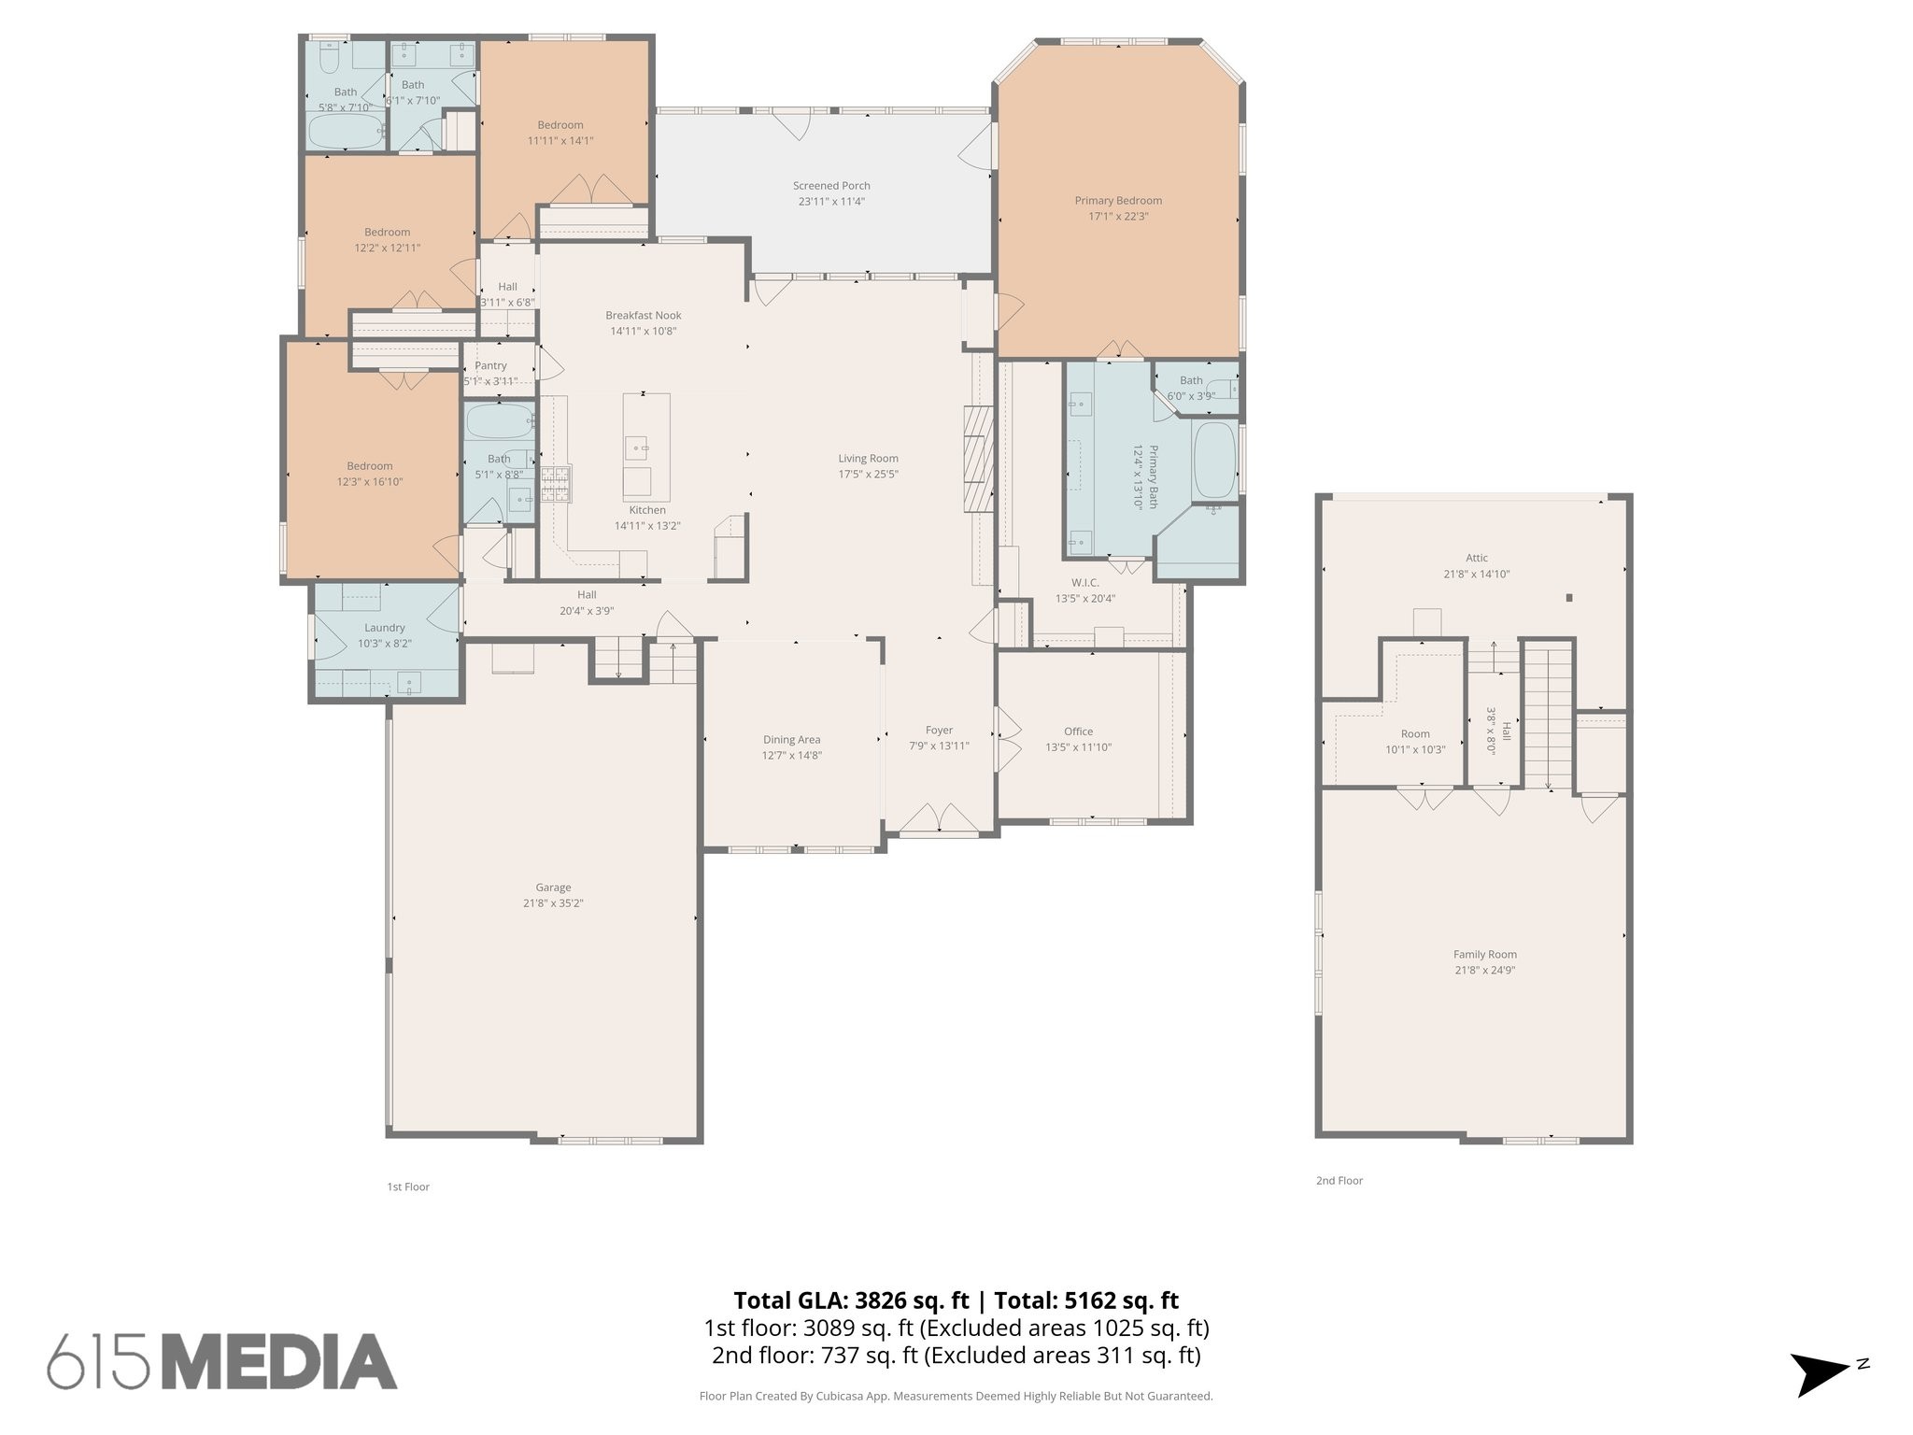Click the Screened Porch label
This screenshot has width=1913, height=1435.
tap(831, 186)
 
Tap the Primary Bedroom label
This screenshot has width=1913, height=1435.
tap(1118, 201)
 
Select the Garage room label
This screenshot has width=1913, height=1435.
tap(553, 888)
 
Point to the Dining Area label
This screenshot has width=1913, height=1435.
tap(791, 740)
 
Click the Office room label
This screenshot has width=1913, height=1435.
tap(1078, 732)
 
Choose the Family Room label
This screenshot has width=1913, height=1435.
tap(1484, 954)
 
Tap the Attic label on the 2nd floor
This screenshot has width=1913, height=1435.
tap(1476, 558)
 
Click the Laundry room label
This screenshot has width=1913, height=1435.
tap(384, 628)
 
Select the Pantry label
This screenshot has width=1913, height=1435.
tap(490, 365)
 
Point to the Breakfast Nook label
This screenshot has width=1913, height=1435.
tap(643, 315)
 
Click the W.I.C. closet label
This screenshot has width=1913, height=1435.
tap(1084, 583)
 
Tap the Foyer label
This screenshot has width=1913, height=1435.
tap(939, 731)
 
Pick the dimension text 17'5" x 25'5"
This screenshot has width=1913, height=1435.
tap(868, 474)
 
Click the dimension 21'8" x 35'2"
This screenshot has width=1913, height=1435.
tap(553, 903)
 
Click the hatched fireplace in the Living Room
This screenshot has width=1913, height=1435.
tap(977, 459)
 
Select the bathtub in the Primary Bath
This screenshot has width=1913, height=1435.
tap(1215, 461)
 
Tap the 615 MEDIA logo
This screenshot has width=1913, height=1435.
tap(222, 1360)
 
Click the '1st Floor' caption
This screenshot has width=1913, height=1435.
tap(408, 1186)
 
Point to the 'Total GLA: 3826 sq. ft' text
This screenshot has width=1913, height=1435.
tap(852, 1300)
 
